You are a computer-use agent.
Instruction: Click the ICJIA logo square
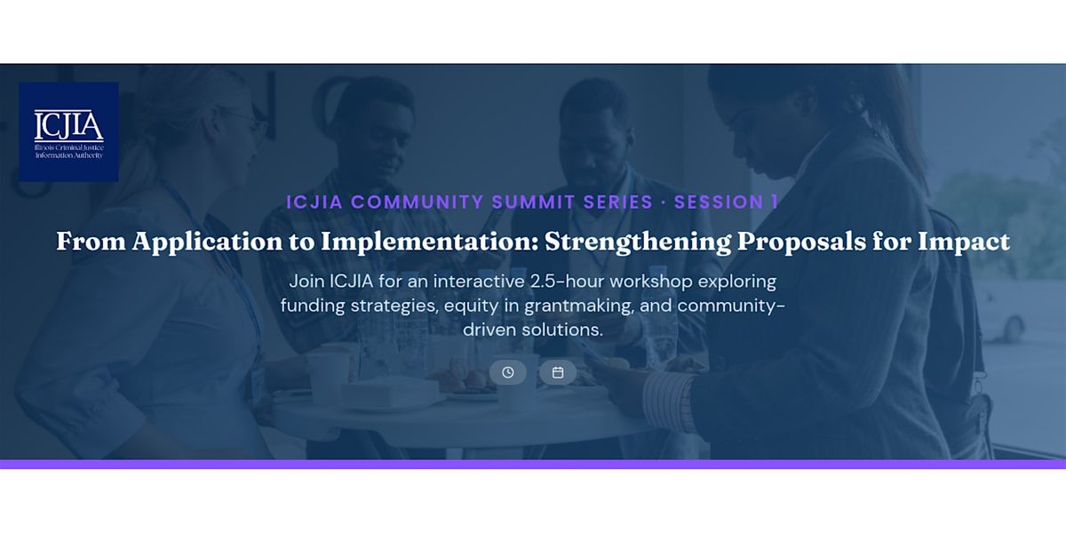pos(68,131)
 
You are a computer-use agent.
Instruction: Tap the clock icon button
pos(508,372)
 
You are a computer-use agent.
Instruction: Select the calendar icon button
pos(558,372)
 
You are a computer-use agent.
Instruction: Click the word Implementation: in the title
pos(430,242)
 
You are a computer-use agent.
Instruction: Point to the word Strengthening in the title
pos(638,242)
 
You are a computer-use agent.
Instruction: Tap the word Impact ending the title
pos(963,242)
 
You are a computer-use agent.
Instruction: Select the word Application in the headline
pos(208,242)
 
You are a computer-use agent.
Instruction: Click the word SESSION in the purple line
pos(719,203)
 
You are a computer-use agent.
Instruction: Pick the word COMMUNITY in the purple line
pos(418,203)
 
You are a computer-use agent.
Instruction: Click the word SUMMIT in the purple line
pos(533,203)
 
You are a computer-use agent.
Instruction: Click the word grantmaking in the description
pos(579,306)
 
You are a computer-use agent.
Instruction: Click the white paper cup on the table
pos(330,378)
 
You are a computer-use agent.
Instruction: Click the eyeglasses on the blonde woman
pos(248,121)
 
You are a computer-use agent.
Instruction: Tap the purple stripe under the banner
pos(533,464)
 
